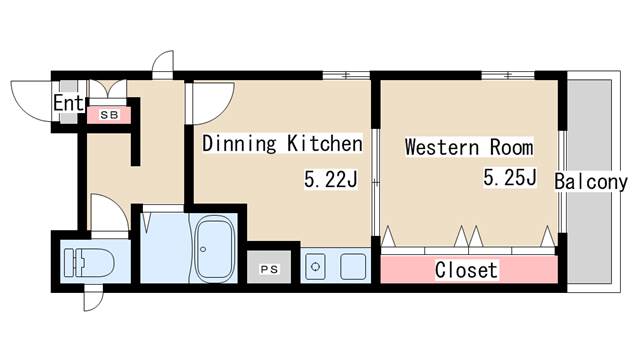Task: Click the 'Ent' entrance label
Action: pos(68,103)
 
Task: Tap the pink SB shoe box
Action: pos(109,115)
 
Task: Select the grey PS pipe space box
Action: pos(269,267)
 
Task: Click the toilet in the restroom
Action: pos(89,262)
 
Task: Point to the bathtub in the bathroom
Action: pos(215,249)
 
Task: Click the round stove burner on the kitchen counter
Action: pos(316,267)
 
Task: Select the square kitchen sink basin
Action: pos(353,267)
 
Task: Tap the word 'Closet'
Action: pos(466,270)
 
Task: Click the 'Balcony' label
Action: pos(591,182)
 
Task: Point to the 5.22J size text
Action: pos(331,179)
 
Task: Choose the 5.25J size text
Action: pos(509,177)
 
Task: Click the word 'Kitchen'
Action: pos(324,143)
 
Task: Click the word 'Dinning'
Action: pos(240,144)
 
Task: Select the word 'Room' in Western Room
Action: pos(511,147)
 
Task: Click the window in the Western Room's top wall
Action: pos(507,76)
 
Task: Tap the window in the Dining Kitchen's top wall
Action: pos(346,76)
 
